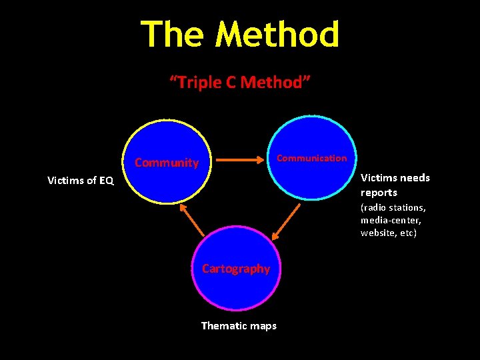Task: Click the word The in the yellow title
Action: [x=173, y=35]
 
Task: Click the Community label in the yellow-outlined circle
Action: [x=167, y=163]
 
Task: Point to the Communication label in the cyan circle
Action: [x=311, y=158]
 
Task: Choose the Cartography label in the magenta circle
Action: [x=236, y=269]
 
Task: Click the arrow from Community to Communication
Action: [x=239, y=160]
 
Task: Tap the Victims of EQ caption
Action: [x=81, y=180]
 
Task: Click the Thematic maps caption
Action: [x=239, y=325]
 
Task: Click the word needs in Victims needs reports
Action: [x=415, y=178]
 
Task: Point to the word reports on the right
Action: [x=379, y=193]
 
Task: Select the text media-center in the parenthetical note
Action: [x=390, y=220]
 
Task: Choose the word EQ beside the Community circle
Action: [x=106, y=180]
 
